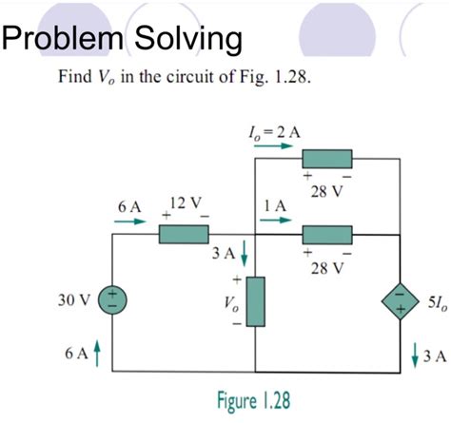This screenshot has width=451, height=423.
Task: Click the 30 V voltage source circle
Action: pos(113,299)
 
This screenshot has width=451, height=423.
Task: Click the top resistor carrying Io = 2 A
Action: pos(327,159)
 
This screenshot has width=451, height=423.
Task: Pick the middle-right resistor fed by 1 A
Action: pos(327,234)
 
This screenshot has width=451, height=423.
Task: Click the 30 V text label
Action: pos(72,300)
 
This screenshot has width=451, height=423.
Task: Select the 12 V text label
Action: pos(183,202)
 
